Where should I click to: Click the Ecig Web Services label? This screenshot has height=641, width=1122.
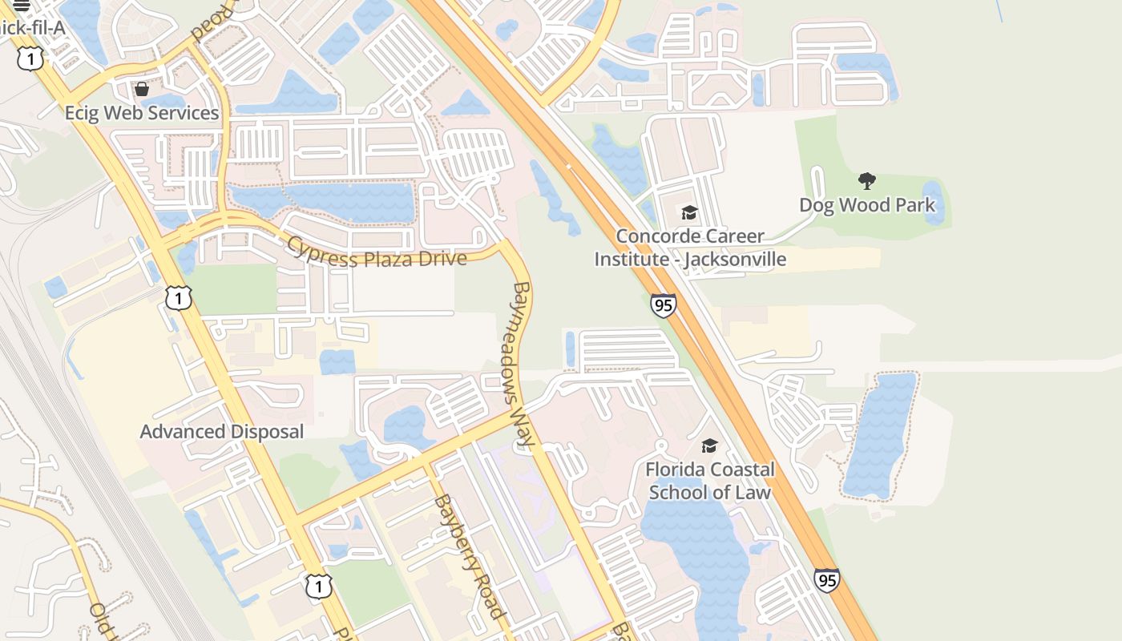coord(142,113)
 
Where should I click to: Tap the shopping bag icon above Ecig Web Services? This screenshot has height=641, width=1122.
coord(142,89)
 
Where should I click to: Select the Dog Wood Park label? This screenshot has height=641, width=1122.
coord(867,205)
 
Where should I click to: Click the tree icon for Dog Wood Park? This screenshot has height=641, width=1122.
coord(866,181)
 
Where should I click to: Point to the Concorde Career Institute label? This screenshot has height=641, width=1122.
coord(690,248)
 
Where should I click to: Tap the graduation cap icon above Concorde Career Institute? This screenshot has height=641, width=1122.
coord(689,212)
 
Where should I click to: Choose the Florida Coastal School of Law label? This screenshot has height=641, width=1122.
coord(710,481)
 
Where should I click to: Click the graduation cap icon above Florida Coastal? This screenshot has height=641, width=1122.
coord(709,445)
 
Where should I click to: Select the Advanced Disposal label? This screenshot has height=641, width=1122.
coord(222,432)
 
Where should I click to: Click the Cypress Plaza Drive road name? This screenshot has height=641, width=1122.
coord(377,252)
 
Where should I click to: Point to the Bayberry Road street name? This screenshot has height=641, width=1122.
coord(470,557)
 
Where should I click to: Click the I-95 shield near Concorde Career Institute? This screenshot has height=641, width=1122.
coord(663,305)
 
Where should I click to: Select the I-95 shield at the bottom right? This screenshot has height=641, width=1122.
coord(826,580)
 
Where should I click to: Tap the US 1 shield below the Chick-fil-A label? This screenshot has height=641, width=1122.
coord(30,58)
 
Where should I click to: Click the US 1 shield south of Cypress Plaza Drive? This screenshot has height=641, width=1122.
coord(179,298)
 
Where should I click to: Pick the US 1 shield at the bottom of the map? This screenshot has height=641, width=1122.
coord(318,586)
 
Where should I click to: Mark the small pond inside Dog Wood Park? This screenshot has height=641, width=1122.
coord(933,202)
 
